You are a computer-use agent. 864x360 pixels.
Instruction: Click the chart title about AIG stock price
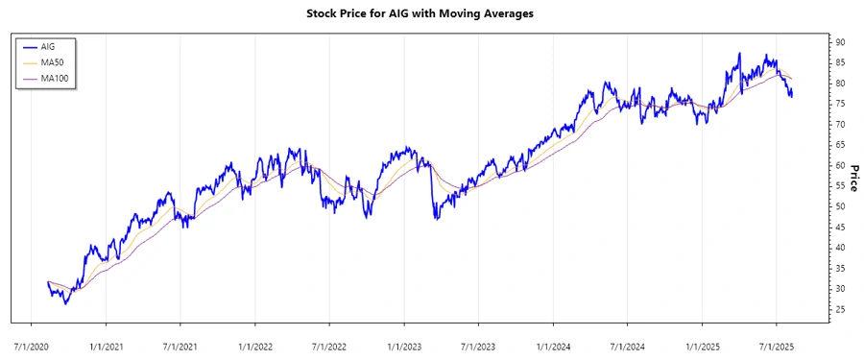pos(431,13)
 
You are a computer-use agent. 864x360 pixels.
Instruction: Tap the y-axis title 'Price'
pos(851,177)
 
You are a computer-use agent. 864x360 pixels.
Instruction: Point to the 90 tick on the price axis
pos(840,42)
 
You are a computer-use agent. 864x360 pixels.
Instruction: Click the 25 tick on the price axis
pos(840,309)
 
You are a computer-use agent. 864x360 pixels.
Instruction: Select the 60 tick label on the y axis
pos(840,165)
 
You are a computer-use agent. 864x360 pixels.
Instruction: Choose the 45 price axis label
pos(840,227)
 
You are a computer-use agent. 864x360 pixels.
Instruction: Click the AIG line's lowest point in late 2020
pos(65,304)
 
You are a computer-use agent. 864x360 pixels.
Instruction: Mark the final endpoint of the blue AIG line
pos(792,96)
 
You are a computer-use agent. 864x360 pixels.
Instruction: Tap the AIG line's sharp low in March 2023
pos(436,220)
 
